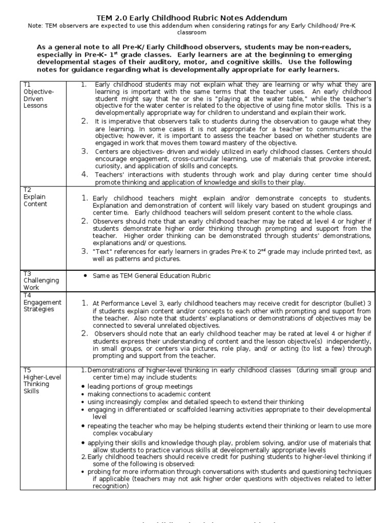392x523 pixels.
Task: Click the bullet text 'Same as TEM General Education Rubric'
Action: tap(151, 276)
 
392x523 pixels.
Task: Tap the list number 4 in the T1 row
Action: tap(85, 174)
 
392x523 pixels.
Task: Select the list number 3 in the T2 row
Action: tap(85, 251)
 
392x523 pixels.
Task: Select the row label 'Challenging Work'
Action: tap(41, 284)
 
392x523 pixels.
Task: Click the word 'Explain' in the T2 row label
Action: tap(35, 197)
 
